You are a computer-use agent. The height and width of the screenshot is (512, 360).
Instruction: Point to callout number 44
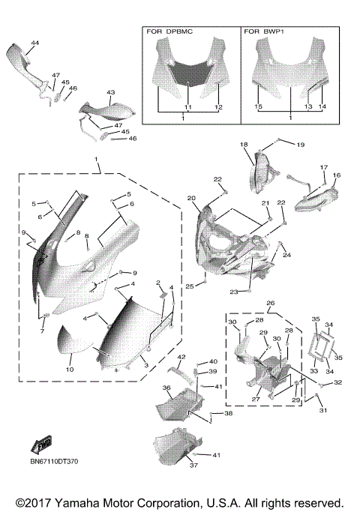pos(34,43)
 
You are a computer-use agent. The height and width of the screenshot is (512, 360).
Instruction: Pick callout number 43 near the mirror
pos(110,92)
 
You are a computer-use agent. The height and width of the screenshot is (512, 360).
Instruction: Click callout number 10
pos(69,370)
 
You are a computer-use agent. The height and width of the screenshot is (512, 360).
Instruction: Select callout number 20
pos(191,198)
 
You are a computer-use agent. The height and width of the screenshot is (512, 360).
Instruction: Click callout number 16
pos(336,175)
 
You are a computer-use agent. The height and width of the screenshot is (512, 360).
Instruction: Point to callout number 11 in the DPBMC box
pos(188,108)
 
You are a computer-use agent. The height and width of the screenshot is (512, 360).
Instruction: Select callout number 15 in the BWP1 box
pos(259,108)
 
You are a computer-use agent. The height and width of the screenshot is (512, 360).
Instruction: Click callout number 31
pos(324,410)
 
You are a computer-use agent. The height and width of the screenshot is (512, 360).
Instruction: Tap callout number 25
pos(189,286)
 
